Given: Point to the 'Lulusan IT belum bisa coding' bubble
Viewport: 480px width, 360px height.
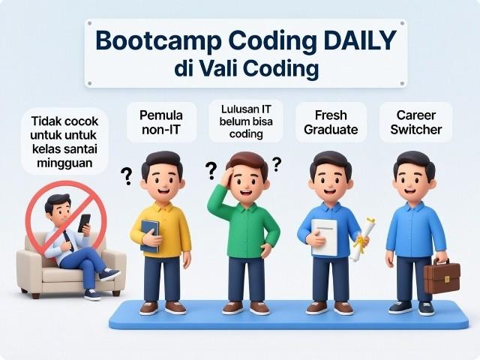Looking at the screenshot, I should pyautogui.click(x=247, y=120).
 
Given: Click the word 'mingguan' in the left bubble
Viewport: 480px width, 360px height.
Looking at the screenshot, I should pyautogui.click(x=63, y=161).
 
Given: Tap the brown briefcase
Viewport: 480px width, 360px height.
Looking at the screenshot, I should pyautogui.click(x=441, y=277).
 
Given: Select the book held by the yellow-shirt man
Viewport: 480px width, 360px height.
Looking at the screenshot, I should pyautogui.click(x=150, y=235).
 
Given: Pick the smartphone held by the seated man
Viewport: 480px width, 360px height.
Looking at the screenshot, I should pyautogui.click(x=84, y=223).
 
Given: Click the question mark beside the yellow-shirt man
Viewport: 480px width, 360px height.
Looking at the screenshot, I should pyautogui.click(x=127, y=177).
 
